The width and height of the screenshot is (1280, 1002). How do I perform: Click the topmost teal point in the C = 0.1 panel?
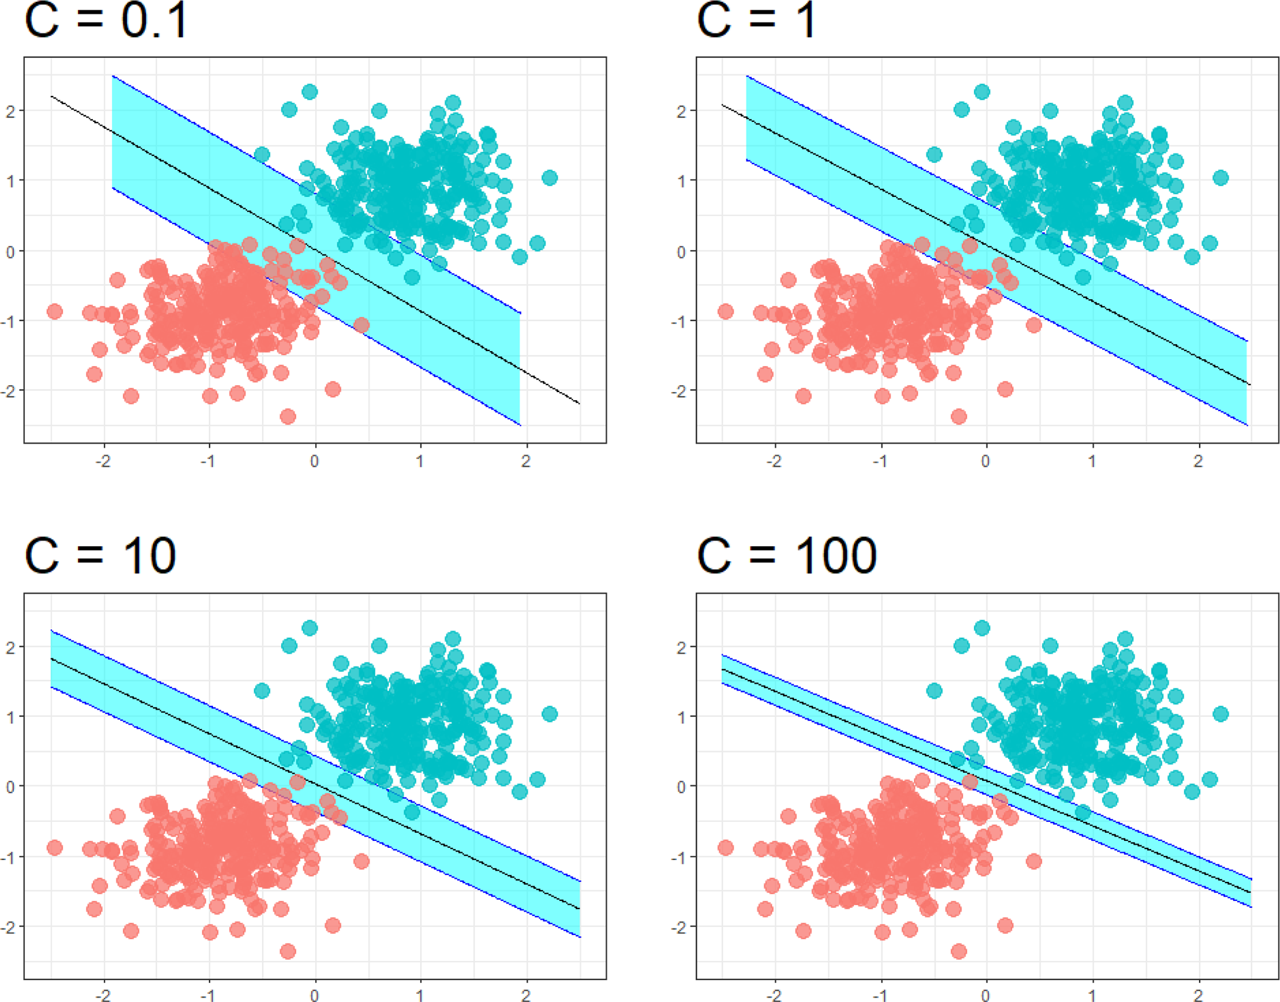310,92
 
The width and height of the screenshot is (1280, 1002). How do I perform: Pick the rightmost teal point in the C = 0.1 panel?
549,178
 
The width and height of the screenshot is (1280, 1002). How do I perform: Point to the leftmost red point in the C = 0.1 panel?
54,311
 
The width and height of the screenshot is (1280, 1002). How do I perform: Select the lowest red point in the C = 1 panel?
959,416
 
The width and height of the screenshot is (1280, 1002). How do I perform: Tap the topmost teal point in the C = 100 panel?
982,628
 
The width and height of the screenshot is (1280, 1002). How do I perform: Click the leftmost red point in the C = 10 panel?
54,847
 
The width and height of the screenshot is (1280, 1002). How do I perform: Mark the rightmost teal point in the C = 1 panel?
1221,178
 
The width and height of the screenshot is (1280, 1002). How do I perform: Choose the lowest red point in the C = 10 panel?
287,951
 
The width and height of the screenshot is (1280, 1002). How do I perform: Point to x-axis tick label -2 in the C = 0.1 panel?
103,461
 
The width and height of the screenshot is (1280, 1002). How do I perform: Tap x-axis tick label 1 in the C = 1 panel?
1092,461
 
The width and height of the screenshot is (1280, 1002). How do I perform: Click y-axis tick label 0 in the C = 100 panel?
681,786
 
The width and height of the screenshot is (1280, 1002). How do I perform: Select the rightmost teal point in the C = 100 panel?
1221,713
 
